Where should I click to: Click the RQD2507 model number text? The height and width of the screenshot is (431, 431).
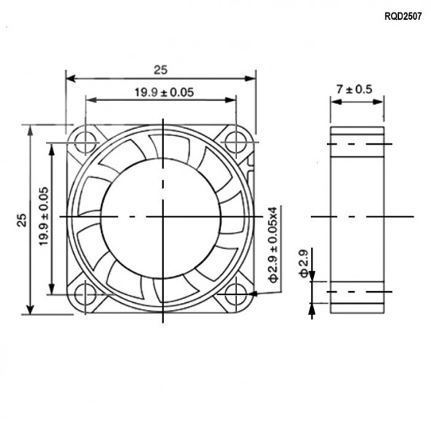(x=402, y=15)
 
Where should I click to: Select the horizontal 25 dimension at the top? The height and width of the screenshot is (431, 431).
(x=160, y=70)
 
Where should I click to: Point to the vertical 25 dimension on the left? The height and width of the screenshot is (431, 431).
(x=21, y=220)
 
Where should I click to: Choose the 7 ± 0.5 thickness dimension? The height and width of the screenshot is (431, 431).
(x=354, y=89)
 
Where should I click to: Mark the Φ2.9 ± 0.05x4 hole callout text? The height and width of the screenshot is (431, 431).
(x=273, y=245)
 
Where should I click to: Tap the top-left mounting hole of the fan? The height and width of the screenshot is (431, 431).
(x=86, y=140)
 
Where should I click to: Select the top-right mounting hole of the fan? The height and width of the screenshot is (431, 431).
(x=236, y=140)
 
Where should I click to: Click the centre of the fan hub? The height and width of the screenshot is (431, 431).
(x=161, y=217)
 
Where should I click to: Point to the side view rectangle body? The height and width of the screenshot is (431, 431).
(x=356, y=220)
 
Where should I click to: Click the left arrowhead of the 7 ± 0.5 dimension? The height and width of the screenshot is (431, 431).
(x=334, y=101)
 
